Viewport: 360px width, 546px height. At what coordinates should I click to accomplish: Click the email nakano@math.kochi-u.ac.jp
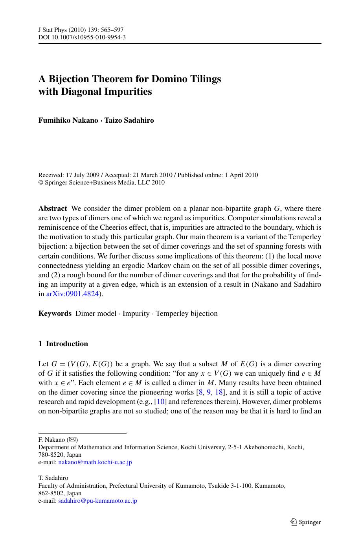coord(95,462)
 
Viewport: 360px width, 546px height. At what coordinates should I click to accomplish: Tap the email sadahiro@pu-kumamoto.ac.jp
coord(98,501)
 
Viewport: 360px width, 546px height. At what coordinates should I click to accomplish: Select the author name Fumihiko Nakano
coord(68,120)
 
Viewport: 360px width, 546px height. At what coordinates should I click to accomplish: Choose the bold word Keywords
coord(55,314)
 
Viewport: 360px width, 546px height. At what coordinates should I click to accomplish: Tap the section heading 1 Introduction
coord(63,344)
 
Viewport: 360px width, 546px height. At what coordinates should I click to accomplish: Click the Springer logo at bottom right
coord(305,522)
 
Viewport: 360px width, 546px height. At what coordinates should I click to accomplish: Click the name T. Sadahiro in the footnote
coord(53,478)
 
